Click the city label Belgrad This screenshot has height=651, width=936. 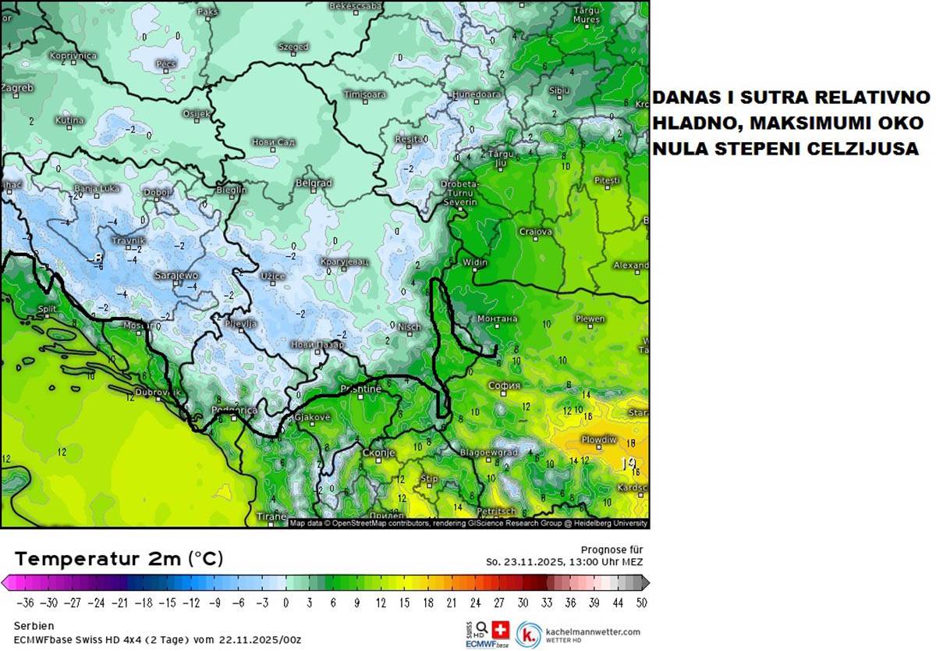tap(314, 183)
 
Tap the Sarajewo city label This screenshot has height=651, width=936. tap(176, 276)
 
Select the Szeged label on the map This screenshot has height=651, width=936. tap(293, 47)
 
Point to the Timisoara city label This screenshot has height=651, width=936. tap(365, 94)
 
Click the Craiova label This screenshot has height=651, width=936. tap(536, 232)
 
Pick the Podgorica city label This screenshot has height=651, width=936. tap(235, 411)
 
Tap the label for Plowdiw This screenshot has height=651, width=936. tap(598, 439)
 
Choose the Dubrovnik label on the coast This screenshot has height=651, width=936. tap(158, 393)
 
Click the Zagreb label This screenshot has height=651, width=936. tap(17, 88)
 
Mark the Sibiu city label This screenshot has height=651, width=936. tap(559, 91)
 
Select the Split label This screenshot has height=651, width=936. tap(48, 310)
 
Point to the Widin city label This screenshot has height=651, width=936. tap(475, 262)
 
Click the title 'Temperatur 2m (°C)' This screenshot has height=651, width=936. tap(119, 559)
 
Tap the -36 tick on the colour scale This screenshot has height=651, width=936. tap(26, 603)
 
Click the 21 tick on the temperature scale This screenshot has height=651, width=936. tap(452, 603)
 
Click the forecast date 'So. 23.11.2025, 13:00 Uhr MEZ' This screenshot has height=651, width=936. tap(565, 561)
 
